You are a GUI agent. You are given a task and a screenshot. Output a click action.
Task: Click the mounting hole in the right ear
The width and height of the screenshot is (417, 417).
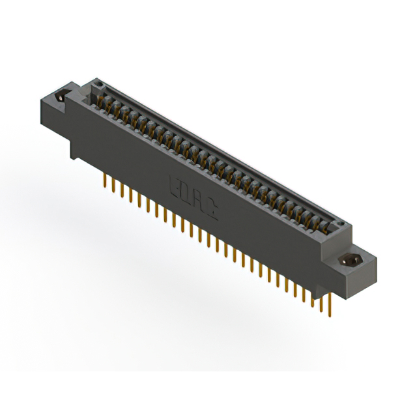click(x=353, y=259)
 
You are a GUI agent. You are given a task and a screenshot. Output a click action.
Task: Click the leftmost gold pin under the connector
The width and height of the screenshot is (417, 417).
click(x=105, y=180)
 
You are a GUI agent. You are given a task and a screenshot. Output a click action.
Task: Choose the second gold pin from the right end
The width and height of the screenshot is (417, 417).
click(x=321, y=302)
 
